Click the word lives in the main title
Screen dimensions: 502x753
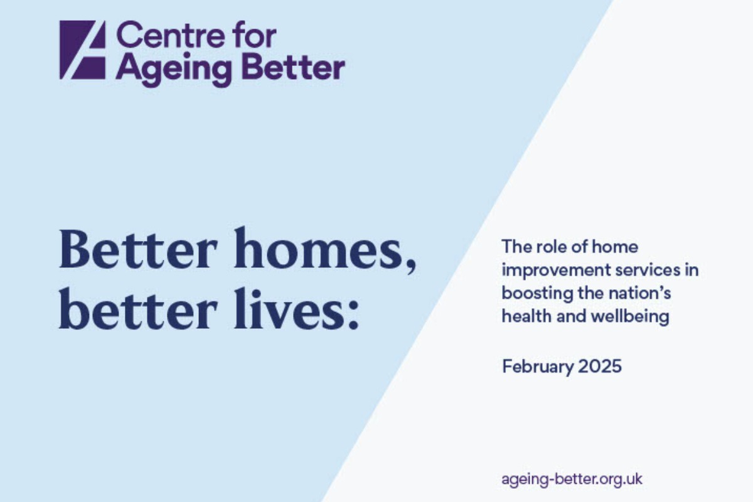(x=286, y=312)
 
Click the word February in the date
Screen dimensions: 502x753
(x=533, y=366)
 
